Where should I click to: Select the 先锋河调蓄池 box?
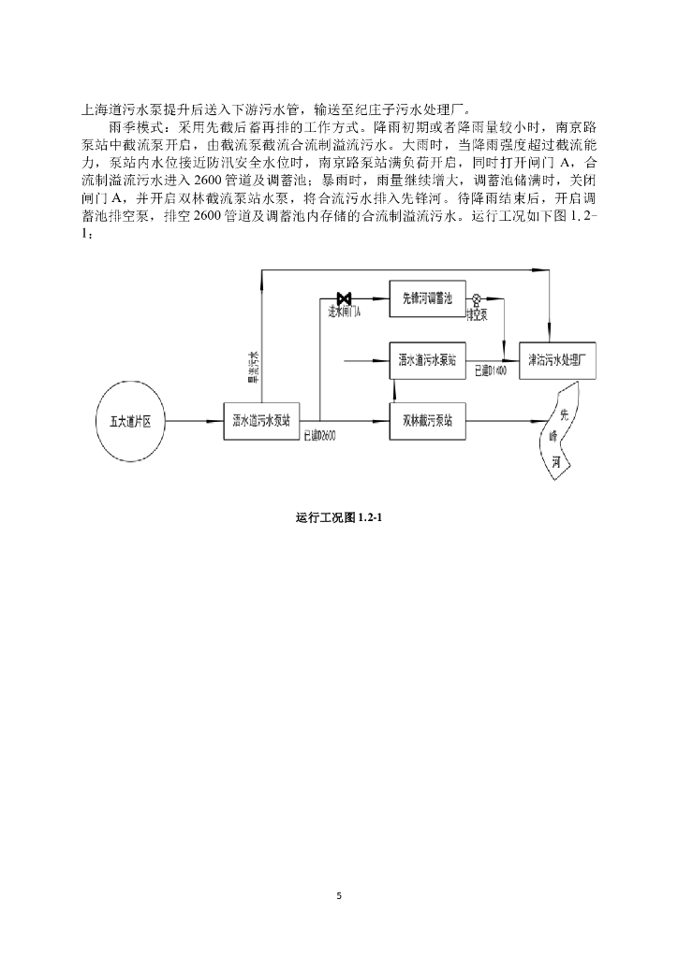tap(428, 298)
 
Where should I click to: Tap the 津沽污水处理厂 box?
tap(557, 359)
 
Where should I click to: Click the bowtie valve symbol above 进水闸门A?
tap(344, 298)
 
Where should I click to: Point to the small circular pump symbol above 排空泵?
tap(477, 299)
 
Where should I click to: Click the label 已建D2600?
tap(320, 436)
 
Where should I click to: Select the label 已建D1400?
tap(490, 370)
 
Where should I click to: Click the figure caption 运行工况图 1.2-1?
tap(338, 517)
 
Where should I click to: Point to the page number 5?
tap(339, 896)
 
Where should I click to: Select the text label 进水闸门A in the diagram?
tap(345, 312)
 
